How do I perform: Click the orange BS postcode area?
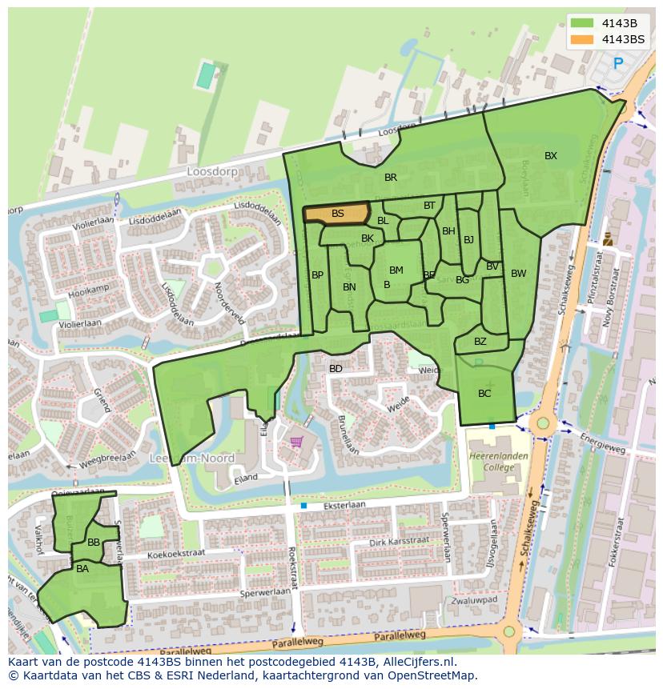click(x=337, y=214)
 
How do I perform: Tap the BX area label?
click(x=551, y=156)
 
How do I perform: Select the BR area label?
click(x=391, y=178)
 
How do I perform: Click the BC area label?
click(x=484, y=394)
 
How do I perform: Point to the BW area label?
click(x=519, y=274)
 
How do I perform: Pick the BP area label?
click(x=318, y=275)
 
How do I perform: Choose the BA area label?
click(x=82, y=570)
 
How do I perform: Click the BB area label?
click(x=94, y=543)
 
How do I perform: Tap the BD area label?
click(x=336, y=369)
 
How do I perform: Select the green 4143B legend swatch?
click(x=582, y=23)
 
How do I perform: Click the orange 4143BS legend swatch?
click(x=582, y=39)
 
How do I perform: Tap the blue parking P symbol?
click(x=617, y=63)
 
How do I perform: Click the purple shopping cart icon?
click(x=296, y=441)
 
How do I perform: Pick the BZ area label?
click(x=480, y=342)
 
